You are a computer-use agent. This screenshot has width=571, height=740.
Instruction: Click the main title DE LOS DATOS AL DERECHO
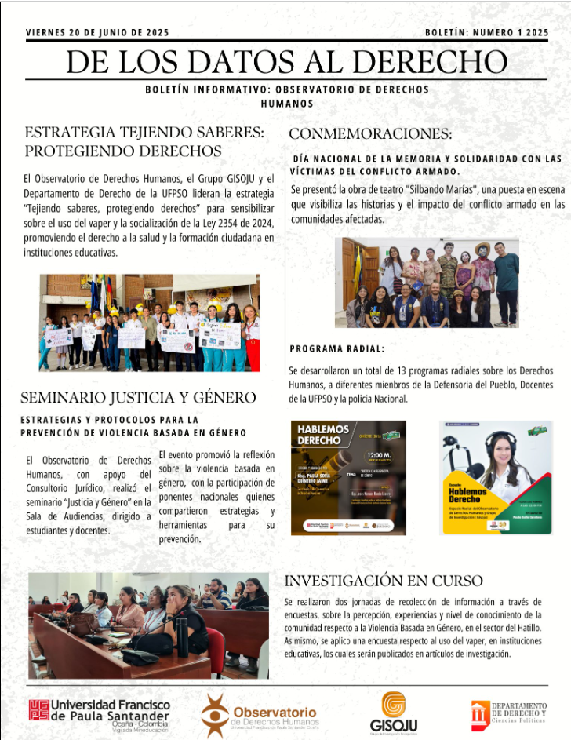pyautogui.click(x=285, y=61)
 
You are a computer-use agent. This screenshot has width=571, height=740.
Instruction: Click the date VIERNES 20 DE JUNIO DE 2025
pyautogui.click(x=97, y=33)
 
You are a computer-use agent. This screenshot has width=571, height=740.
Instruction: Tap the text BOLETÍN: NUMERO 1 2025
pyautogui.click(x=486, y=33)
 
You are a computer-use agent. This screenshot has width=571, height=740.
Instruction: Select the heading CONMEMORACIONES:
pyautogui.click(x=370, y=133)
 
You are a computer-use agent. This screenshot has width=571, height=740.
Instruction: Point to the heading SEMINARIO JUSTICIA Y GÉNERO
pyautogui.click(x=138, y=398)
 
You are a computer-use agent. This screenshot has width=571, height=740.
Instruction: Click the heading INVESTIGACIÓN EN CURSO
pyautogui.click(x=384, y=581)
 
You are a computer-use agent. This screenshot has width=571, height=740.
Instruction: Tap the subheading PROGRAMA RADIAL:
pyautogui.click(x=337, y=348)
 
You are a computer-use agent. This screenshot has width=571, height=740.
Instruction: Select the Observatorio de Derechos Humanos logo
pyautogui.click(x=259, y=713)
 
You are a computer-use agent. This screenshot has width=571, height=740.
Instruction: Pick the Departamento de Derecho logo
pyautogui.click(x=509, y=713)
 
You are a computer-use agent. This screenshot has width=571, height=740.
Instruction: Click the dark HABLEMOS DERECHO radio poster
pyautogui.click(x=348, y=477)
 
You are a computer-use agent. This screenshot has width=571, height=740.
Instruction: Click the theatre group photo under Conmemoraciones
pyautogui.click(x=427, y=283)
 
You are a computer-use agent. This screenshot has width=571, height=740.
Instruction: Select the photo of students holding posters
pyautogui.click(x=149, y=323)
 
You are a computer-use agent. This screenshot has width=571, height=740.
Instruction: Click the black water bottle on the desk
pyautogui.click(x=182, y=636)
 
